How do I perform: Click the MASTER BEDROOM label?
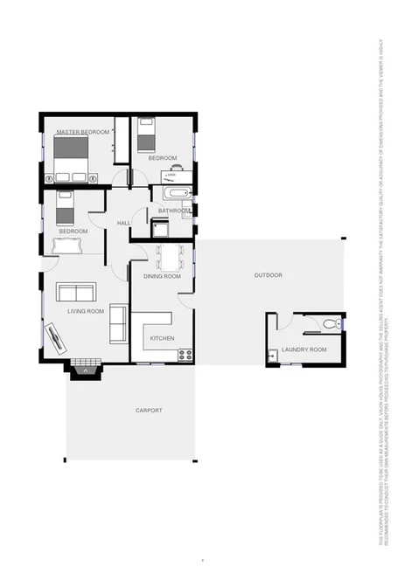83,132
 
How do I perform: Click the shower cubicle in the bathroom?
161,228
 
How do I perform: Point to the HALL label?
123,224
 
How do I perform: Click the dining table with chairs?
170,256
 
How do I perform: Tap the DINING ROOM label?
162,276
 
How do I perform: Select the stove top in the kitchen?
185,354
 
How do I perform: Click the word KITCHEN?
163,338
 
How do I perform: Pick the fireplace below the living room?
85,369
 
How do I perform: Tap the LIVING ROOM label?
86,311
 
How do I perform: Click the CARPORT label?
149,410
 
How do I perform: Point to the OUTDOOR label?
268,275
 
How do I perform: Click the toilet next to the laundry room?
329,324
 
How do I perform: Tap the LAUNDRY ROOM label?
307,349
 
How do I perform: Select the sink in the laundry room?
273,355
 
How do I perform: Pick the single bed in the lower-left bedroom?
65,208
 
